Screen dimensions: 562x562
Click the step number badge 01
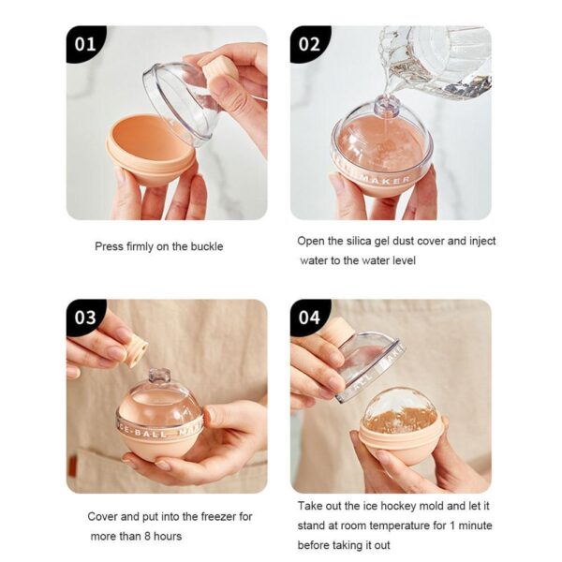(x=84, y=44)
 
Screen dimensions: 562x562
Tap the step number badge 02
(x=308, y=44)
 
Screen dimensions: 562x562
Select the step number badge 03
(x=84, y=318)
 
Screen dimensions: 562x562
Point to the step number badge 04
(x=308, y=318)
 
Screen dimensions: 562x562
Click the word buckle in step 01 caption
(x=205, y=247)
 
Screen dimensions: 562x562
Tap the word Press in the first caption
(x=110, y=247)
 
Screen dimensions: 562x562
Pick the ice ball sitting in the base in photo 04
(x=401, y=412)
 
